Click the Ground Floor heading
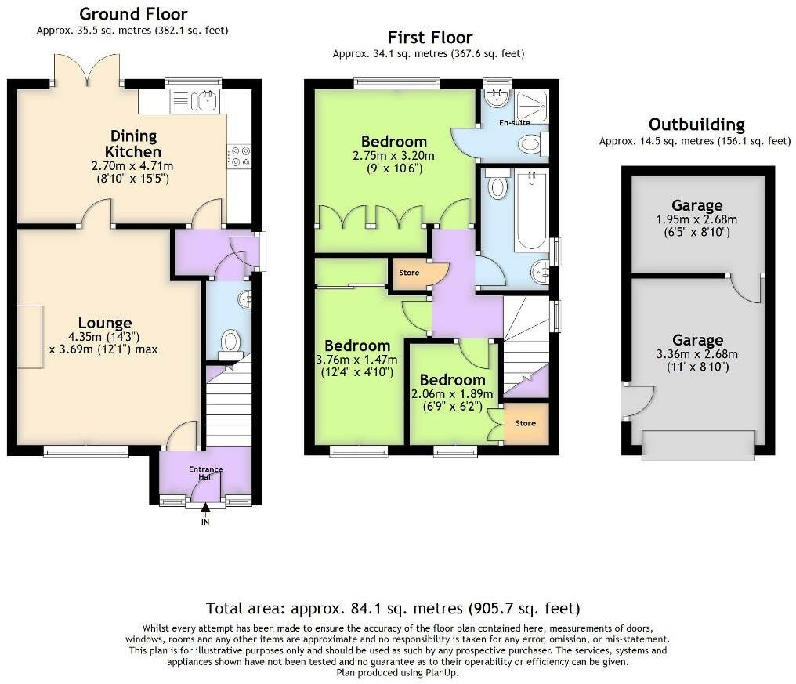click(x=133, y=13)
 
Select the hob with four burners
click(x=239, y=156)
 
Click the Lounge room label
click(x=105, y=323)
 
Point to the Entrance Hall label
click(x=205, y=472)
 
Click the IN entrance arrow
click(x=205, y=508)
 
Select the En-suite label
click(x=514, y=122)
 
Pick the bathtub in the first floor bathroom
click(x=531, y=211)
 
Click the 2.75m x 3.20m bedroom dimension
click(x=393, y=156)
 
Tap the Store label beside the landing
click(x=409, y=273)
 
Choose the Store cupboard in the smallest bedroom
click(x=526, y=424)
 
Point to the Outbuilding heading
click(x=696, y=125)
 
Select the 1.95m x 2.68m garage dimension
click(x=696, y=220)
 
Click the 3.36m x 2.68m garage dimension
click(x=697, y=354)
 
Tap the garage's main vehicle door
click(x=699, y=445)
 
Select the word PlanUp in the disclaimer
click(x=442, y=673)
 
